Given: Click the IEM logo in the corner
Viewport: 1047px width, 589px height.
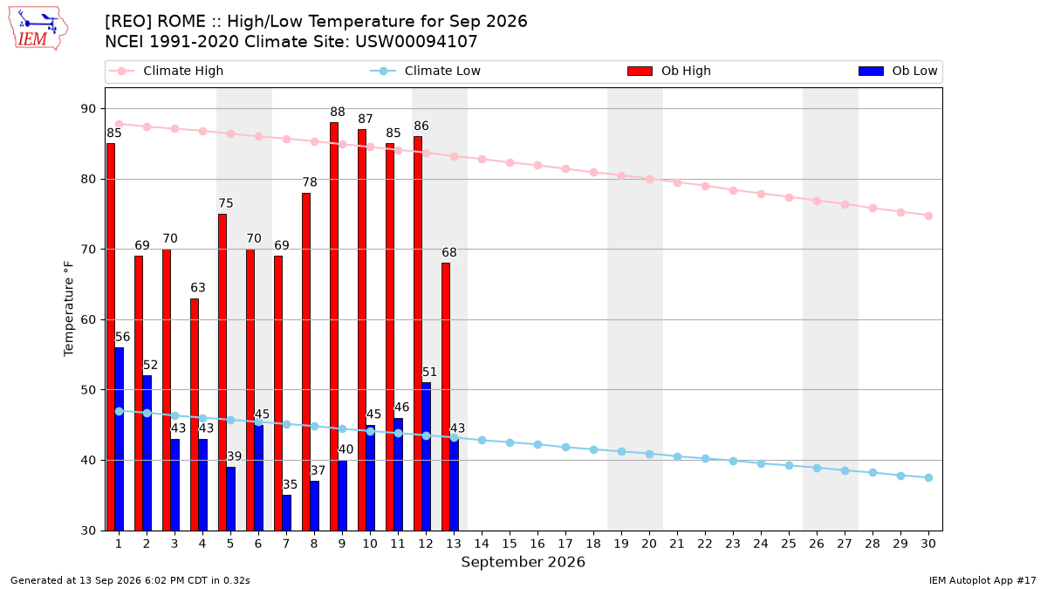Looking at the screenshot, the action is click(38, 28).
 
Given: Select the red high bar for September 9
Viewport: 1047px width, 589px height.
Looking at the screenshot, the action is click(333, 326).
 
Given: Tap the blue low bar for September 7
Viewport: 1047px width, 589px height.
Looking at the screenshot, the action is click(286, 513).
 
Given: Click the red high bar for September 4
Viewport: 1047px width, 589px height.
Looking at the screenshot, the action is click(195, 414).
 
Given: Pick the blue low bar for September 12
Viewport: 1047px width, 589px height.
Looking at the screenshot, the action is click(427, 456).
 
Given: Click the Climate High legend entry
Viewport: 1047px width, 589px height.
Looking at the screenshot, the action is click(167, 71).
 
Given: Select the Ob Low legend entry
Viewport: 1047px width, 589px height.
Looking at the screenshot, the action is click(898, 71).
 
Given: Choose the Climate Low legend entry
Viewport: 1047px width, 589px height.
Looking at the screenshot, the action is click(426, 71).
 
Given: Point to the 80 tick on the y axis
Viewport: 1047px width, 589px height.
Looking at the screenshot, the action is click(88, 179).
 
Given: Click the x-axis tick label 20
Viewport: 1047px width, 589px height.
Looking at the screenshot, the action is click(649, 544).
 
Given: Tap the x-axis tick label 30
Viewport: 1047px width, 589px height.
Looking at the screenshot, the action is click(928, 544).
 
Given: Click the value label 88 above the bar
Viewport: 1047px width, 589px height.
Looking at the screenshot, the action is click(338, 112).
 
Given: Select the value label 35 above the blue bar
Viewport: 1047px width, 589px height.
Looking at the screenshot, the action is click(290, 484).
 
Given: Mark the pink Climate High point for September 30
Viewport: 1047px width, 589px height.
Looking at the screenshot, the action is click(928, 216).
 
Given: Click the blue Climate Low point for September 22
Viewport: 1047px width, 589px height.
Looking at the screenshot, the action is click(705, 459).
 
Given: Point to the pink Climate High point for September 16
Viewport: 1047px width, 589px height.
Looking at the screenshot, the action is click(538, 166).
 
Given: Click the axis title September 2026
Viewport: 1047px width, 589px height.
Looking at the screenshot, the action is click(523, 562).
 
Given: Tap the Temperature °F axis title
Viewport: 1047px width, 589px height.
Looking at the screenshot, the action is click(69, 309).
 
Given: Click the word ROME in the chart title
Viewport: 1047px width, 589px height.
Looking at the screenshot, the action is click(181, 22).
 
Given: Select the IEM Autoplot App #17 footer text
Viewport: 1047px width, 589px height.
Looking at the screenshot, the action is click(982, 580).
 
